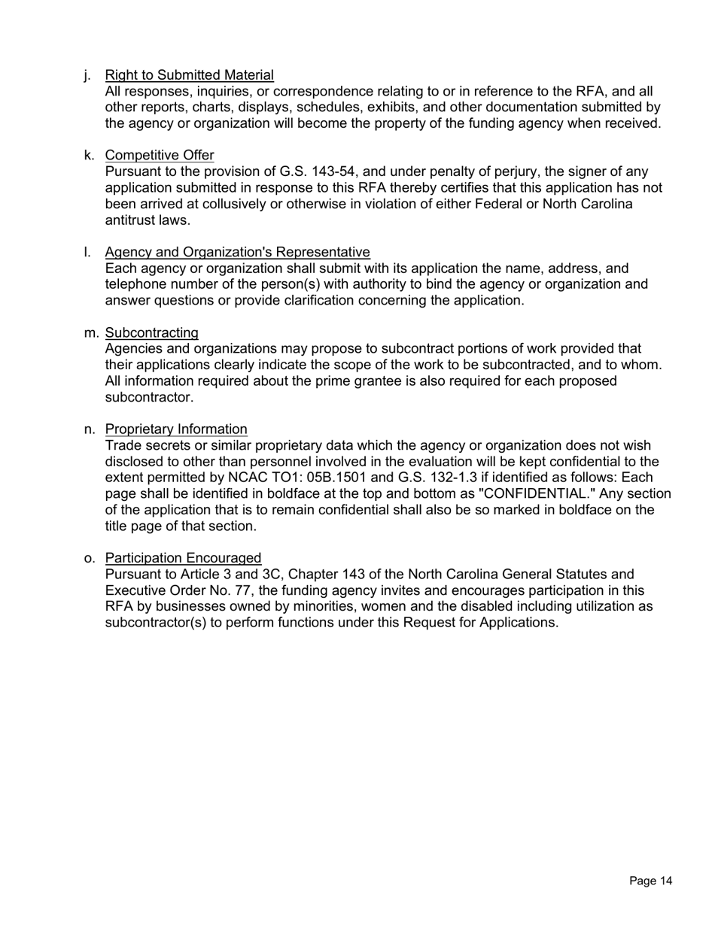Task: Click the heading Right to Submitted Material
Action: (x=189, y=75)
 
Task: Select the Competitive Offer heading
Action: (x=160, y=156)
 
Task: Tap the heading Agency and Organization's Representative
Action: (x=237, y=252)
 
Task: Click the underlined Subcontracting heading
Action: (x=152, y=332)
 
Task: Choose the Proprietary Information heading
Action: (x=176, y=429)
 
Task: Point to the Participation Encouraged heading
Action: (x=183, y=558)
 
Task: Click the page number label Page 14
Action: (x=650, y=881)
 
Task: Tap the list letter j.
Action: (x=88, y=75)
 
